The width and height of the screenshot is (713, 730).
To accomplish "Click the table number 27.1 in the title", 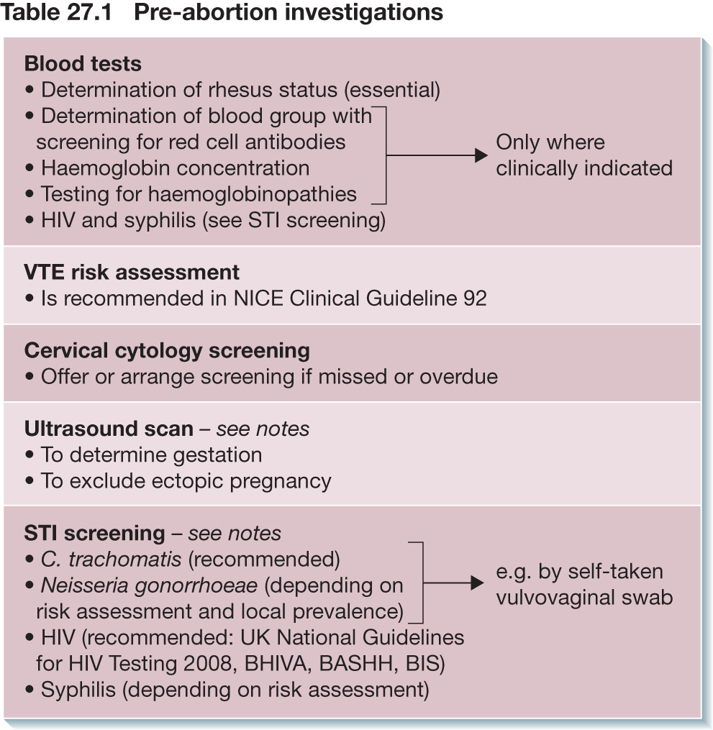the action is click(89, 12).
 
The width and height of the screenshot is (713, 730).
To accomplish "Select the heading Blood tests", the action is click(83, 64).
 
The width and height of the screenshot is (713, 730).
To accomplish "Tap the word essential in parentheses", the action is click(392, 90).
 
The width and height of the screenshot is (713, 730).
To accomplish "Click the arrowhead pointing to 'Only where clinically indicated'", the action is click(481, 155).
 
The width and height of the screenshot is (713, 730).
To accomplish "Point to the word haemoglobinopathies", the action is click(253, 195).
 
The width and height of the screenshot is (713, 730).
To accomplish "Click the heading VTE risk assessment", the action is click(132, 273).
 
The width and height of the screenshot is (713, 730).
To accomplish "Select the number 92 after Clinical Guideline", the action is click(475, 299).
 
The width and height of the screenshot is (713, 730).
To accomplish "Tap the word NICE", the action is click(258, 299).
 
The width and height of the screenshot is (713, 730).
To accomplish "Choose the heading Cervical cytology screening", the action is click(167, 351).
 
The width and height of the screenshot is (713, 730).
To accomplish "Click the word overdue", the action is click(459, 377).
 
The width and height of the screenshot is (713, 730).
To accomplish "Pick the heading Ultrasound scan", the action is click(109, 429).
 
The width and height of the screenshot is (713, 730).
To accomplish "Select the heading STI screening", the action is click(94, 534).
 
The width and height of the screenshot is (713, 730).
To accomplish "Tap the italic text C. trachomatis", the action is click(112, 559).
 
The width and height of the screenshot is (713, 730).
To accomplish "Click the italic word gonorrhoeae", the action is click(196, 586).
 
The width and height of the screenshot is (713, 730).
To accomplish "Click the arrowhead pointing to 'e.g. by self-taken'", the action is click(477, 583).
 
